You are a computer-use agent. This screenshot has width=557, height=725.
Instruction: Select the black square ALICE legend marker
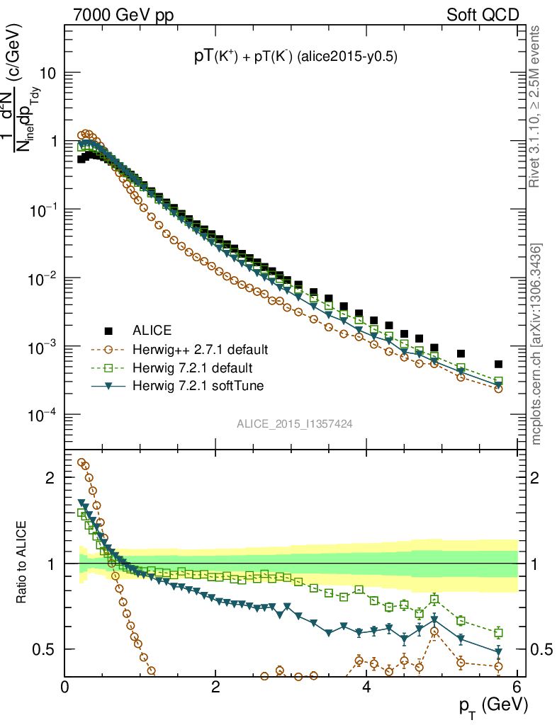coord(108,331)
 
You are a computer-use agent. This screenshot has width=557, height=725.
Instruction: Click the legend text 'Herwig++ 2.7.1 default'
coord(200,350)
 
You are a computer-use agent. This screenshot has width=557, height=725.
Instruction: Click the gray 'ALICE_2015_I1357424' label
coord(295,423)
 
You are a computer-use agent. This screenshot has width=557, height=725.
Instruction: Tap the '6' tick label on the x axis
coord(518,685)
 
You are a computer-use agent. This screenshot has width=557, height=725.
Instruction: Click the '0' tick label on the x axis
coord(65,685)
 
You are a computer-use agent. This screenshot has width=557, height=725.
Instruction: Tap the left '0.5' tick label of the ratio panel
coord(44,649)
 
